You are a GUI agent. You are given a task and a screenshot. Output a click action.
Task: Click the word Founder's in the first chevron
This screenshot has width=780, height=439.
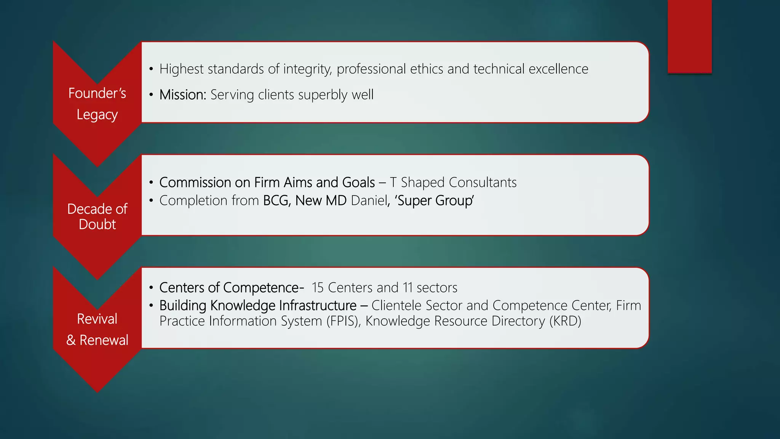(x=97, y=93)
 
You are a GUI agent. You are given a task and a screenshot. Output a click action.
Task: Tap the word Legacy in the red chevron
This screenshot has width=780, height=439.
(x=97, y=115)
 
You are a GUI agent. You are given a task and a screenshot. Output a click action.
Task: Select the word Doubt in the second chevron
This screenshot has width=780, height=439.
(x=97, y=224)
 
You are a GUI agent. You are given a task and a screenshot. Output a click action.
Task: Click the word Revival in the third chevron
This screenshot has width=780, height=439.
(x=97, y=319)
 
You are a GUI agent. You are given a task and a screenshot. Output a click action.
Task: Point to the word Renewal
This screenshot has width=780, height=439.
(x=104, y=340)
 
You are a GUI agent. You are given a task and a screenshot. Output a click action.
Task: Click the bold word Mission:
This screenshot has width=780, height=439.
(x=183, y=95)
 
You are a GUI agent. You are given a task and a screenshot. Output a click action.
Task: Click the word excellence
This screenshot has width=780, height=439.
(x=558, y=69)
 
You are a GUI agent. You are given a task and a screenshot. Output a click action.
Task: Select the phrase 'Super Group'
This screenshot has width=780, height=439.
(x=435, y=200)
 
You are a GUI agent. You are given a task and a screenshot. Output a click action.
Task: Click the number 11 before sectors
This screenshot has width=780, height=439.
(x=408, y=288)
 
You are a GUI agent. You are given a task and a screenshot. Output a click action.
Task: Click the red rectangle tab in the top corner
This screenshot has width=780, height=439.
(x=689, y=37)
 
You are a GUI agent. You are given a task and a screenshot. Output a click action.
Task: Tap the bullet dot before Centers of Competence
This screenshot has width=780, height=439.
(x=151, y=288)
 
